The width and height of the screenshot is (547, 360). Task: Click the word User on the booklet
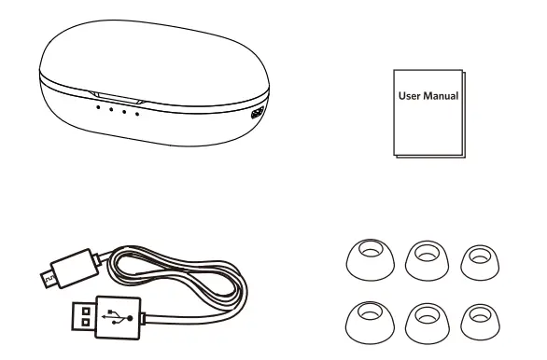click(411, 95)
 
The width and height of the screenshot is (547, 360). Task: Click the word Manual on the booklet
click(441, 95)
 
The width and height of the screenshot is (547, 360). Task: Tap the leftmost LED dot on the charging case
click(97, 106)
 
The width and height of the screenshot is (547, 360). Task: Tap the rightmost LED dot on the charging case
click(136, 114)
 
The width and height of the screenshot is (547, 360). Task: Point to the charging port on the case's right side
click(258, 113)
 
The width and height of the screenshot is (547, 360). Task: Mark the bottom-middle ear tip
click(424, 320)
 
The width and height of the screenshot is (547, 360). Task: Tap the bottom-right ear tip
click(479, 320)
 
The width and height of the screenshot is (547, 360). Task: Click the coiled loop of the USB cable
click(187, 280)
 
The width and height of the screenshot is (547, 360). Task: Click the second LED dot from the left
click(110, 109)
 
